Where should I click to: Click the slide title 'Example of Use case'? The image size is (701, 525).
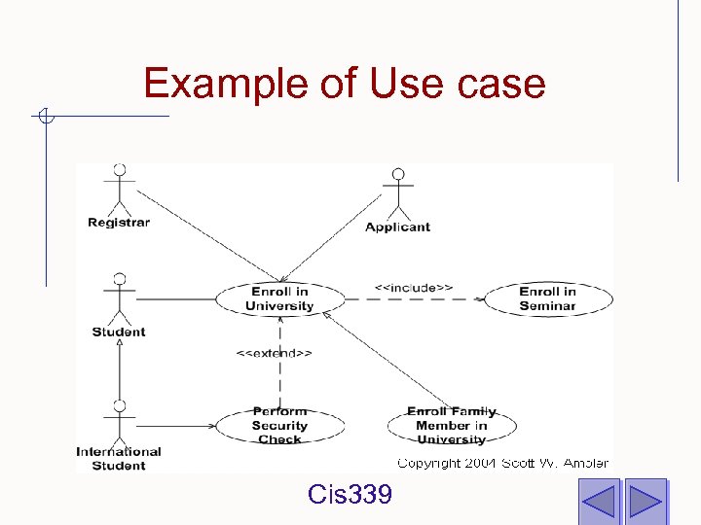tap(344, 84)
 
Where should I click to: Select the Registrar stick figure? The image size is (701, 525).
tap(119, 190)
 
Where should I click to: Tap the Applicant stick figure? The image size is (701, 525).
tap(397, 194)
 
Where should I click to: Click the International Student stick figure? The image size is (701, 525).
tap(119, 421)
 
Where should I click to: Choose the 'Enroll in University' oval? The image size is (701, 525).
tap(279, 298)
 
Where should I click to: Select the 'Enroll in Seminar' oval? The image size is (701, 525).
tap(547, 298)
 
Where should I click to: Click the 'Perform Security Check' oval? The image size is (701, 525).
tap(279, 425)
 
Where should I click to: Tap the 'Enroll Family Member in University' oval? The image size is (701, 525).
tap(452, 425)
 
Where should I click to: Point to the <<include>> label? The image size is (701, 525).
tap(414, 288)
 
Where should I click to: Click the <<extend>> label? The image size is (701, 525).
tap(274, 353)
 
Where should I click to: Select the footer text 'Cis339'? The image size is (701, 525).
tap(350, 496)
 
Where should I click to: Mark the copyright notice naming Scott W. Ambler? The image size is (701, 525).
tap(502, 464)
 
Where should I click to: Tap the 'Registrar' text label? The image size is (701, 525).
tap(119, 223)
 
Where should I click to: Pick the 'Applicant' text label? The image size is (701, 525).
tap(397, 227)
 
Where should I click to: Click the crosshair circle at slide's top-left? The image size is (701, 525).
tap(45, 117)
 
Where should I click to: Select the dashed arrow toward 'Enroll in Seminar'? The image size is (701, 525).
tap(414, 299)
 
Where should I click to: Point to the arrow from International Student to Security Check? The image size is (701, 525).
tap(175, 425)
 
